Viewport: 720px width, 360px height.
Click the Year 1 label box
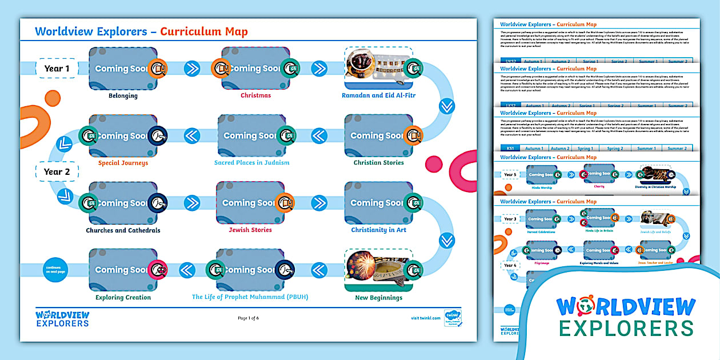point(57,69)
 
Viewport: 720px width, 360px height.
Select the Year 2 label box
point(57,171)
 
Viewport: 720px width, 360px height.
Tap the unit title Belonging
point(123,95)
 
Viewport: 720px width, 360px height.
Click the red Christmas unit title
point(255,95)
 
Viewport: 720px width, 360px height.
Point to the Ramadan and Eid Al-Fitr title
point(378,95)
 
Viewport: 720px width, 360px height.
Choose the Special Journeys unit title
point(123,163)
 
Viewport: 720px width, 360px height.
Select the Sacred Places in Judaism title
point(251,163)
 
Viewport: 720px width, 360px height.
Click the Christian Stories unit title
point(378,163)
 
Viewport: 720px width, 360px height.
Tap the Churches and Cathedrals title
point(123,230)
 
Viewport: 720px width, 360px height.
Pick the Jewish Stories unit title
point(250,230)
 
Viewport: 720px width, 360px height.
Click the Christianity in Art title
point(378,230)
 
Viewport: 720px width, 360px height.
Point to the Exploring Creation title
point(123,297)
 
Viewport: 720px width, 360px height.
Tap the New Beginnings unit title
point(378,297)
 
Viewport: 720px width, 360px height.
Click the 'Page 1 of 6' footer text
point(248,318)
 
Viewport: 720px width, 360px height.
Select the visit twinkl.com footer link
point(426,318)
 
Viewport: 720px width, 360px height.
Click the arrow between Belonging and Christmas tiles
point(191,69)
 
